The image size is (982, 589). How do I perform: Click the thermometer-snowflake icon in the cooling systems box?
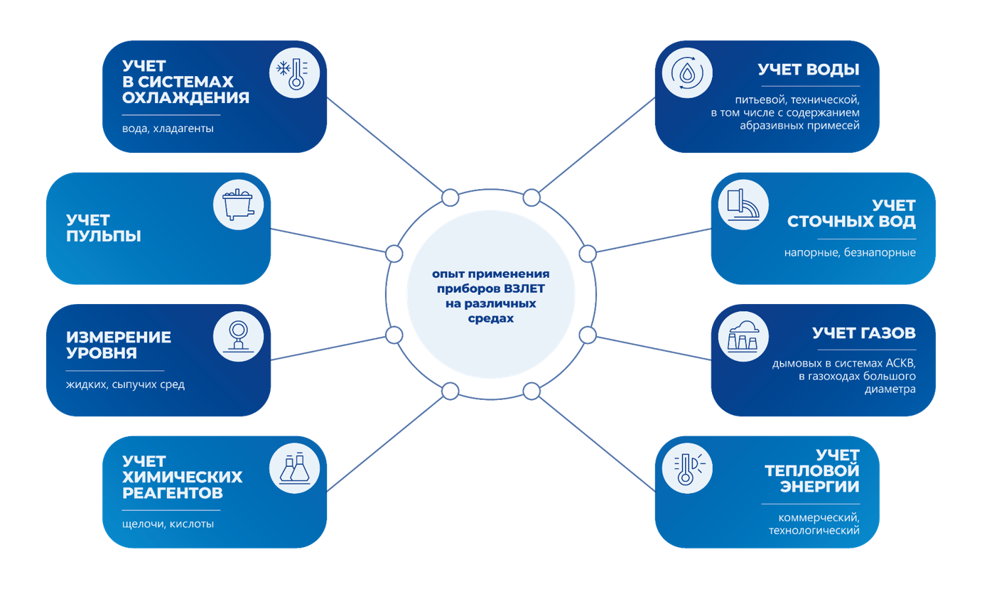(x=294, y=73)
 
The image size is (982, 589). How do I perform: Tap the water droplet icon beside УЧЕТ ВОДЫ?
(x=686, y=73)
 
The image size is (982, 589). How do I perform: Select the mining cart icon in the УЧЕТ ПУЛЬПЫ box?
(x=238, y=205)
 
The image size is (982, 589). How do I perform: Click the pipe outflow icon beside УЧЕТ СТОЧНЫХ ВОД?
(x=743, y=205)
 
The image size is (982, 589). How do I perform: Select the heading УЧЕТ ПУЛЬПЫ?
(x=103, y=228)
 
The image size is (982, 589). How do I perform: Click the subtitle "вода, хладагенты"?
(x=168, y=129)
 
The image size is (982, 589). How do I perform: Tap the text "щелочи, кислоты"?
(x=168, y=524)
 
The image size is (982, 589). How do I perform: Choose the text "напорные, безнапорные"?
(x=850, y=252)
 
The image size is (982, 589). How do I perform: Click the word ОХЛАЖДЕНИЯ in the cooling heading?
(x=185, y=98)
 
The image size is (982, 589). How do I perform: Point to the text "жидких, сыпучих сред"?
(x=125, y=385)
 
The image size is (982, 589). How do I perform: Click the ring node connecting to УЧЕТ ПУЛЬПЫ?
(x=394, y=253)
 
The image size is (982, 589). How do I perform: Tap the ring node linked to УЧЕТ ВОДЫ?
(x=532, y=198)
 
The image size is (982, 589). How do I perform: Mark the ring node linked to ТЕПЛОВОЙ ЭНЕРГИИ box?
(x=532, y=391)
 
